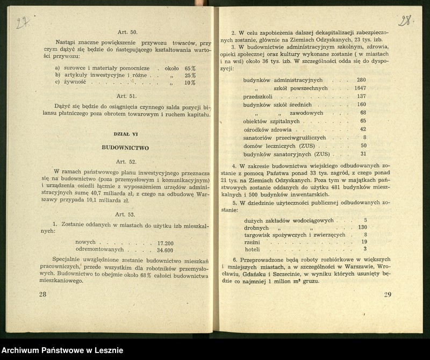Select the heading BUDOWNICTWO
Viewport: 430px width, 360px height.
(125, 147)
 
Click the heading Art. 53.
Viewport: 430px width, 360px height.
(125, 214)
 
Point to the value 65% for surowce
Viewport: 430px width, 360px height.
(190, 69)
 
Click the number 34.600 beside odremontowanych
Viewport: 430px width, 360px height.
(165, 250)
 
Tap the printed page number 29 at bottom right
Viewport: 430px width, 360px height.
(388, 294)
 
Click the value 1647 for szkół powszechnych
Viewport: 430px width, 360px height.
(360, 88)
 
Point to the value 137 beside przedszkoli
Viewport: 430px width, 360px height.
(361, 96)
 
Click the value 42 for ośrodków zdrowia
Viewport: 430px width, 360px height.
(363, 129)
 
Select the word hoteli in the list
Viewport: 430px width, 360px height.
(252, 249)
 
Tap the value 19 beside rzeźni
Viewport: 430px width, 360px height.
(364, 242)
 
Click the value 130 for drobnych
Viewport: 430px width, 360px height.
(362, 227)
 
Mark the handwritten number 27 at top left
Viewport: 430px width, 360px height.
(22, 24)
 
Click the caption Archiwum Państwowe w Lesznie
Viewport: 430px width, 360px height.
(62, 350)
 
